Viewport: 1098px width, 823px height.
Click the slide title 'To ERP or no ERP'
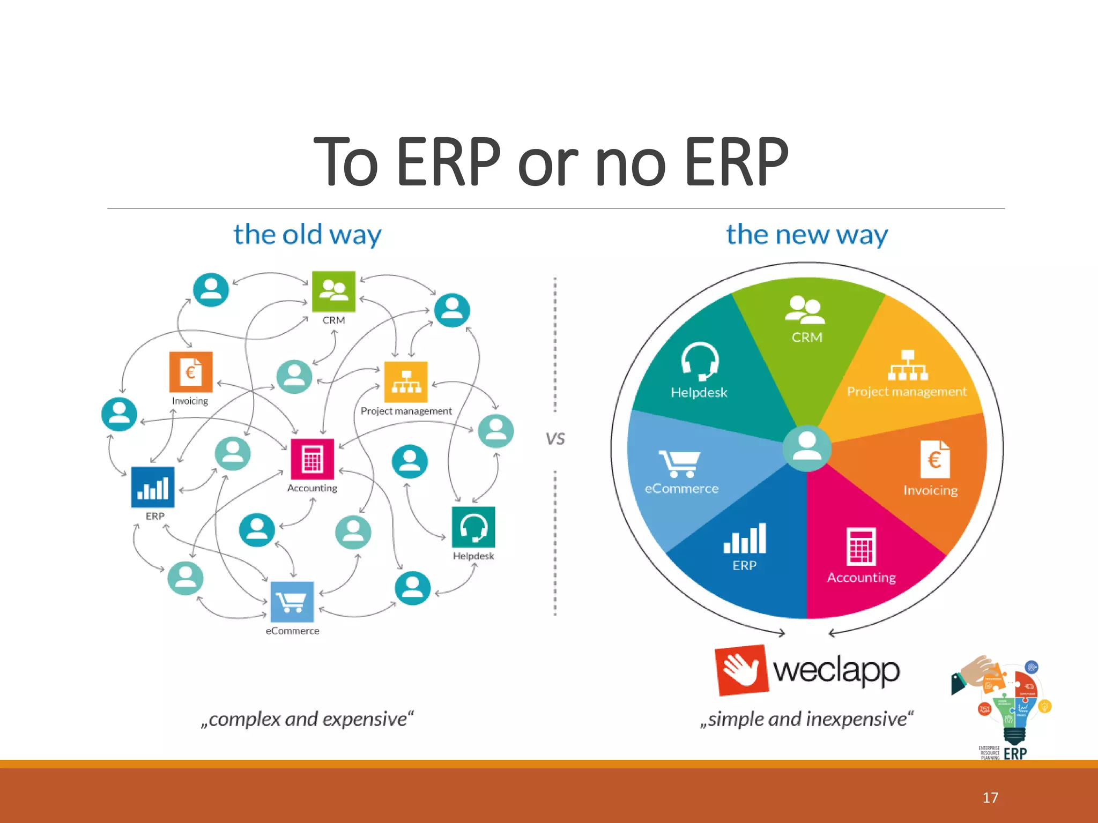(x=551, y=162)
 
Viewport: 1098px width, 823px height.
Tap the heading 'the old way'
(x=307, y=235)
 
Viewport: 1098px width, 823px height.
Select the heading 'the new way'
(x=806, y=235)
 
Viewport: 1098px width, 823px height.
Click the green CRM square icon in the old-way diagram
(x=333, y=291)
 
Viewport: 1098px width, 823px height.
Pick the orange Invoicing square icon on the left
(x=191, y=372)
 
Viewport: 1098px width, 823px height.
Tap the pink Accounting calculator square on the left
(x=312, y=459)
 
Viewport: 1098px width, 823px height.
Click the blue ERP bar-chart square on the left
(x=153, y=487)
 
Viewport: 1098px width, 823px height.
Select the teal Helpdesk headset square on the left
(x=473, y=527)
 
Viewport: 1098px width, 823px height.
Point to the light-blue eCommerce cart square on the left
(x=292, y=602)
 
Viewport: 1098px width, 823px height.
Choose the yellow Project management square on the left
(x=406, y=382)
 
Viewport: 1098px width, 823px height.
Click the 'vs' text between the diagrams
(x=555, y=439)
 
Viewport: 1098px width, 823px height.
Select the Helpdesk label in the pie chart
(x=699, y=393)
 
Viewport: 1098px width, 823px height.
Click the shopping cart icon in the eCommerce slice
(x=679, y=463)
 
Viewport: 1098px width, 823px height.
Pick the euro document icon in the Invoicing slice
(x=935, y=459)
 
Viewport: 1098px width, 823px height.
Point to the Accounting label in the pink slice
(x=861, y=578)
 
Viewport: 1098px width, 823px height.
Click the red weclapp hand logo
(x=742, y=670)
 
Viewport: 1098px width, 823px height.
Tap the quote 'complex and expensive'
(x=307, y=719)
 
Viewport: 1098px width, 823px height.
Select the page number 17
(x=990, y=798)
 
